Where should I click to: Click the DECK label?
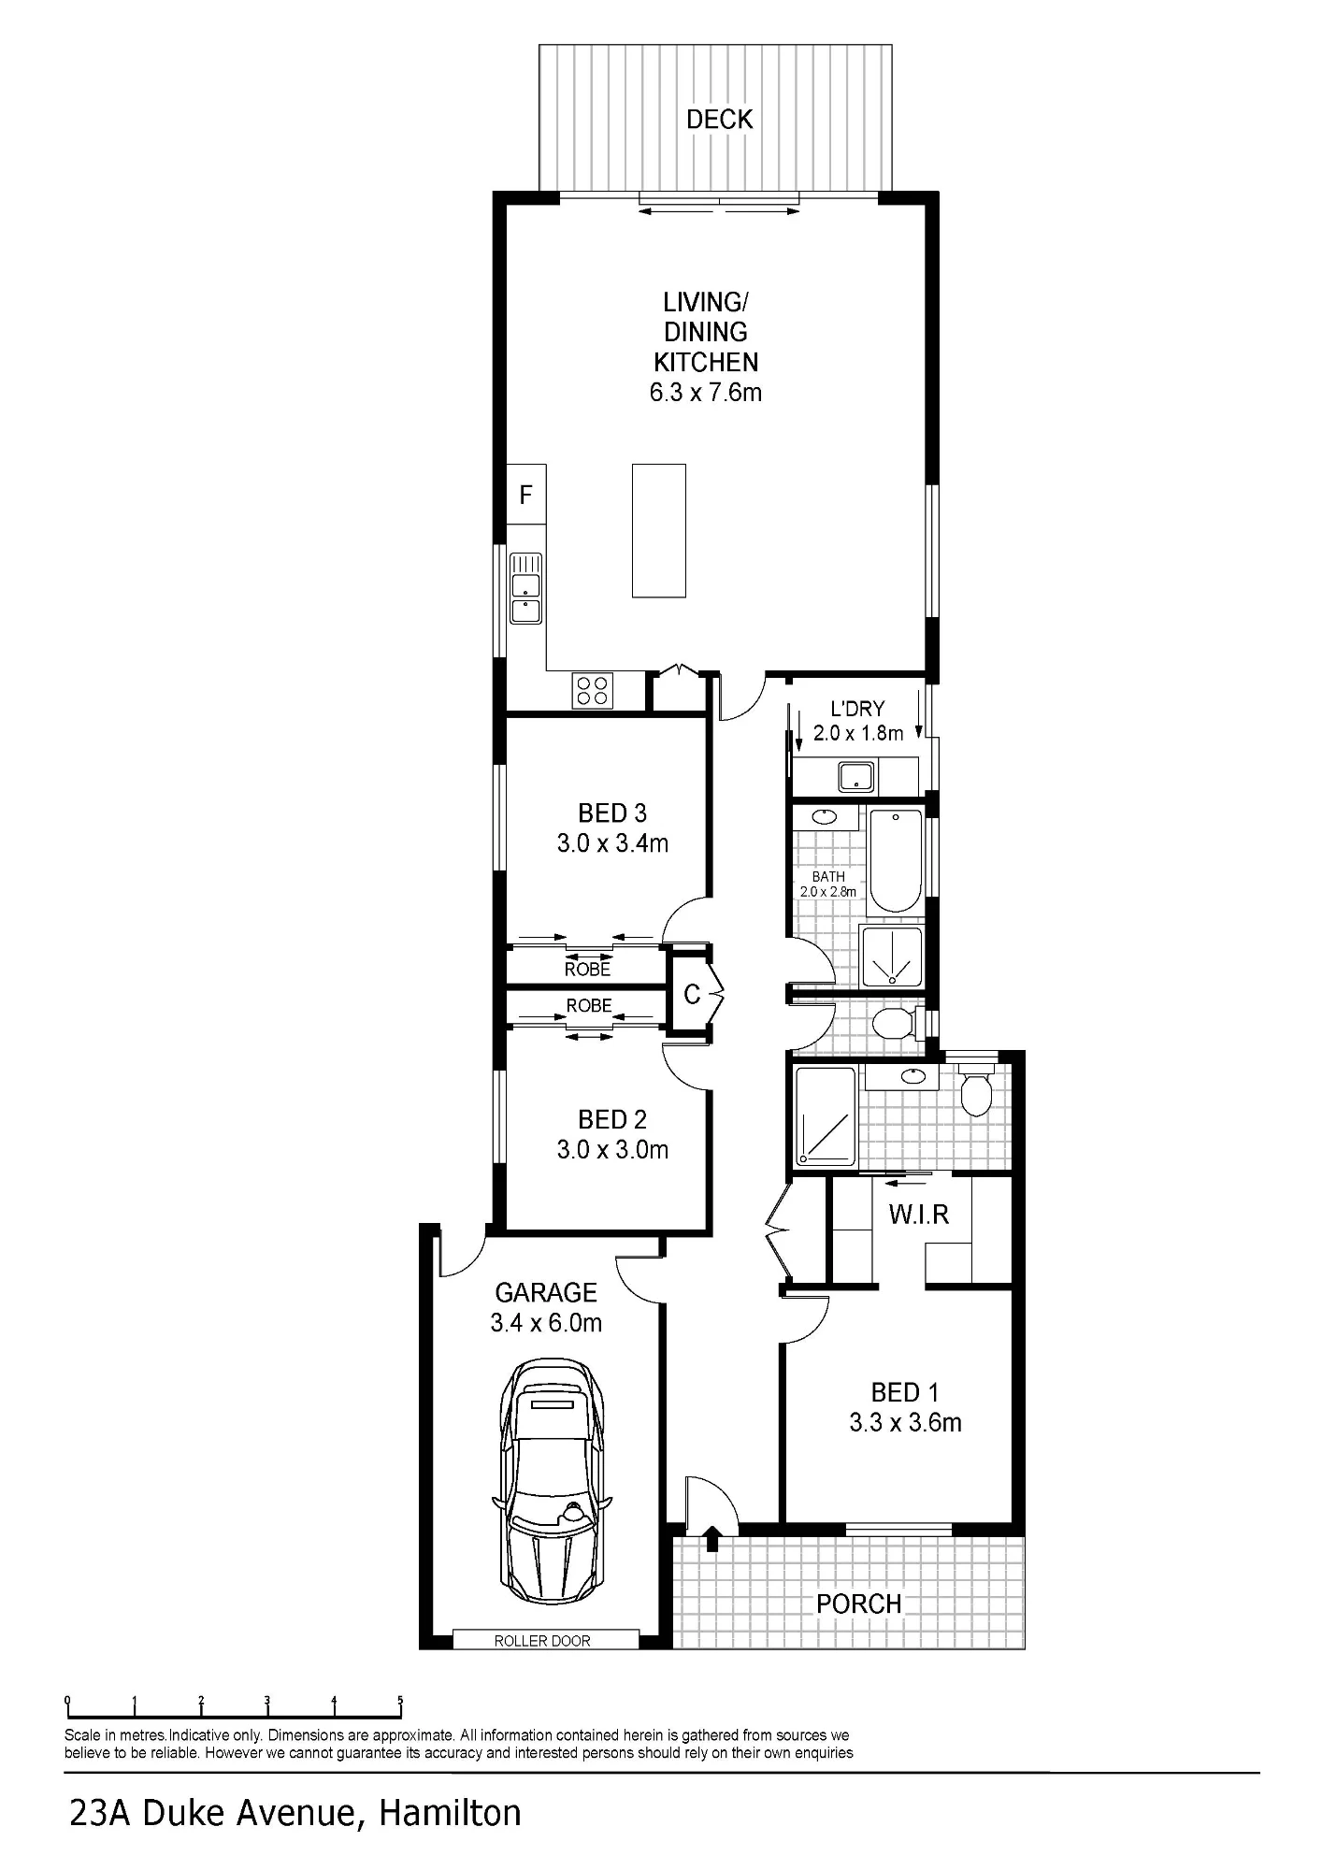(719, 119)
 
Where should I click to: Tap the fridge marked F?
(526, 494)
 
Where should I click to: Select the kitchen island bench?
(658, 530)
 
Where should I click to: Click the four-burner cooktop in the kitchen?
(593, 691)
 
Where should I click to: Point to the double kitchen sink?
(525, 588)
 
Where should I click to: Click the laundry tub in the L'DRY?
(856, 777)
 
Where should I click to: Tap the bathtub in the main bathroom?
(896, 860)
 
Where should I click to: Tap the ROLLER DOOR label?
(542, 1640)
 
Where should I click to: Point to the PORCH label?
(858, 1604)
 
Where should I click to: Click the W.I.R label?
(919, 1214)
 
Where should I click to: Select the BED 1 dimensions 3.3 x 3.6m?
(905, 1422)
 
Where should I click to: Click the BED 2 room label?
(612, 1119)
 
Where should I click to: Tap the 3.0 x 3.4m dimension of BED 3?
(612, 843)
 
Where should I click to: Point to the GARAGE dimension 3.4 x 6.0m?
(546, 1322)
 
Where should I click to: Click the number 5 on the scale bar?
(400, 1701)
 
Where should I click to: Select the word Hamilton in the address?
(450, 1813)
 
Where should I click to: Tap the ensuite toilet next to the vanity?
(976, 1088)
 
